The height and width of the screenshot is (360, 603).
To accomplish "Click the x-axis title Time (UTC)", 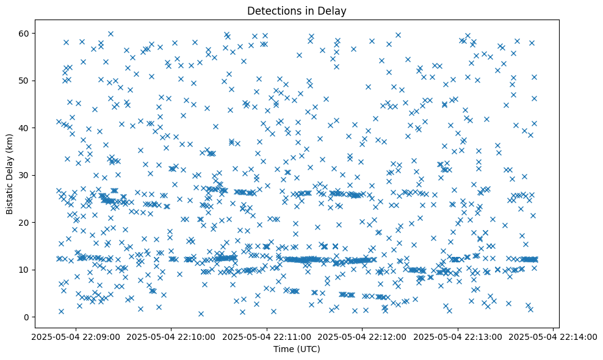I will [x=296, y=349].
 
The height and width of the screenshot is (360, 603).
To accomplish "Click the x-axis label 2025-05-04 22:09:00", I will [x=76, y=336].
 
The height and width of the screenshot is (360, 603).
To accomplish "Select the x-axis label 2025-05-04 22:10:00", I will [x=172, y=336].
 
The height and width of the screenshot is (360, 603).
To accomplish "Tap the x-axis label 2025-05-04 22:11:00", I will [x=267, y=336].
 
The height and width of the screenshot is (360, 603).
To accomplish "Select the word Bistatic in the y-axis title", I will [x=10, y=195].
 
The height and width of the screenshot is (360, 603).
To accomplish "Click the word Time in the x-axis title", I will [x=283, y=349].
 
